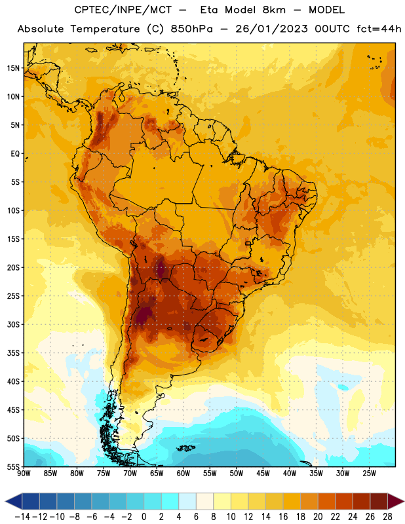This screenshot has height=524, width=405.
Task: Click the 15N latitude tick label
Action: click(13, 68)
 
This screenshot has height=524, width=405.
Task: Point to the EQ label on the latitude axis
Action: click(15, 154)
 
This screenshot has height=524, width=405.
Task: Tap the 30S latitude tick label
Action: click(13, 324)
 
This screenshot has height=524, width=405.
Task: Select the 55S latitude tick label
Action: click(13, 467)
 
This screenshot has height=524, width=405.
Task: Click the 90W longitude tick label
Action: click(24, 474)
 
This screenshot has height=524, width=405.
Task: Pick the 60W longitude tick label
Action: click(183, 474)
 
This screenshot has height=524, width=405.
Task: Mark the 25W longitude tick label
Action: click(369, 474)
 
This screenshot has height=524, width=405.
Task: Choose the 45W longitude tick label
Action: click(263, 474)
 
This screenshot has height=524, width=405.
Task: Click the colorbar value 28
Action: click(387, 517)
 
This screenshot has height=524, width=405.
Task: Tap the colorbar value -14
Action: click(22, 517)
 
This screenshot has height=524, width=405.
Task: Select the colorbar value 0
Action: click(144, 517)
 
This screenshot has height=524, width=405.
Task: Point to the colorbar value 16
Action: click(283, 517)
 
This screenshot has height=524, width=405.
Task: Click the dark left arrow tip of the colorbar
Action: click(6, 501)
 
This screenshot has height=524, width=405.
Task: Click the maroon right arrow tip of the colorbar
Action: click(404, 501)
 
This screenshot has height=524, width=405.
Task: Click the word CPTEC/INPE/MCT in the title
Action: click(123, 10)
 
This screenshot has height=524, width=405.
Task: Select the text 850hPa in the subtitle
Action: click(191, 29)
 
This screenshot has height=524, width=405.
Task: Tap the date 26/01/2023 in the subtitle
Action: click(271, 29)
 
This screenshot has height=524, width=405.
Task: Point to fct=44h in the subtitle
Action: click(379, 29)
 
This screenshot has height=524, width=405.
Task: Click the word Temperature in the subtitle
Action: click(105, 29)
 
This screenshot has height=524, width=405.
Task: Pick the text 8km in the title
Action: click(274, 10)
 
